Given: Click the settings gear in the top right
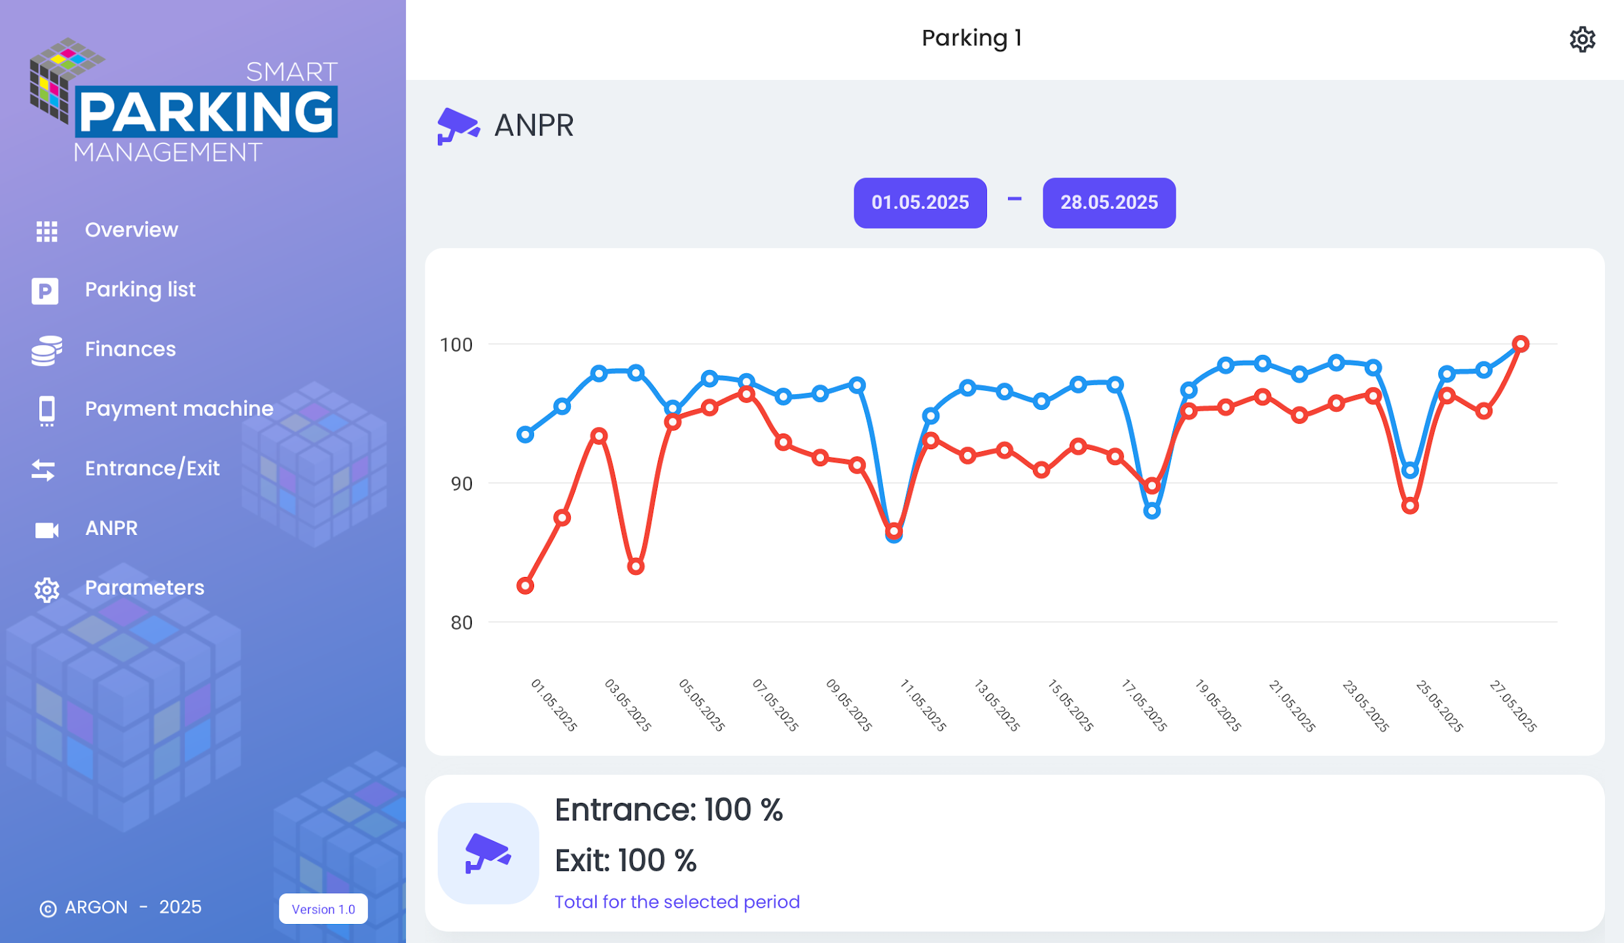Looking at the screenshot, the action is pyautogui.click(x=1582, y=39).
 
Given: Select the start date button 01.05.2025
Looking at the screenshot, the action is pyautogui.click(x=920, y=203).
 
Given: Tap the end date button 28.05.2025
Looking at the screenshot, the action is pyautogui.click(x=1109, y=203).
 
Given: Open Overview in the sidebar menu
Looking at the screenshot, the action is pyautogui.click(x=132, y=230).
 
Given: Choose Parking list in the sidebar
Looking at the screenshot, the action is pyautogui.click(x=140, y=289).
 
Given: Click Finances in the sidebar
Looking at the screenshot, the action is pyautogui.click(x=130, y=349).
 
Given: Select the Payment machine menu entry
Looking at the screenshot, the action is pyautogui.click(x=179, y=409).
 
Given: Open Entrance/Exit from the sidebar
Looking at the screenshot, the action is pyautogui.click(x=152, y=468).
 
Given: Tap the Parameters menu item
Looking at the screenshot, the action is pyautogui.click(x=145, y=587).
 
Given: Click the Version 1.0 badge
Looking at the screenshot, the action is pyautogui.click(x=323, y=909).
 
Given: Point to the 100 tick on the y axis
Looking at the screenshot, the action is pyautogui.click(x=456, y=344).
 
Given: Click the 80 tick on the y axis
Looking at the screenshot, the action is pyautogui.click(x=461, y=622).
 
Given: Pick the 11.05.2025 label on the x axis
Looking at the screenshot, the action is pyautogui.click(x=923, y=705).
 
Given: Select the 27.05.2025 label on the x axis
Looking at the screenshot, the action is pyautogui.click(x=1513, y=705).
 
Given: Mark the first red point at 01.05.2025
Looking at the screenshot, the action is pyautogui.click(x=525, y=585).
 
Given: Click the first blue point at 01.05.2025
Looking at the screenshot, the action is pyautogui.click(x=525, y=434).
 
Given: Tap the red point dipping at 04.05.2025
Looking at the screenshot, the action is pyautogui.click(x=636, y=566).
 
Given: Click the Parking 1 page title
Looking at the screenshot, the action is pyautogui.click(x=971, y=38).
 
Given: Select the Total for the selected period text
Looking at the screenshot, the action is pyautogui.click(x=677, y=902).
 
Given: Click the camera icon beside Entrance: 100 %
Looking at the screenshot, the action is pyautogui.click(x=488, y=853).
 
